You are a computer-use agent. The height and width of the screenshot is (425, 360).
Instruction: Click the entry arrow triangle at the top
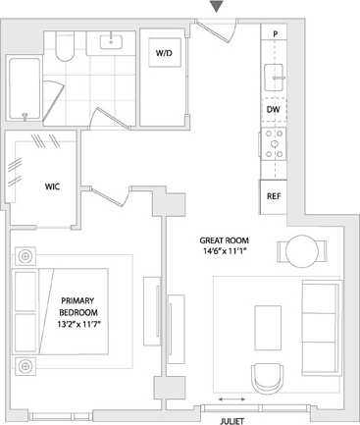point(218,8)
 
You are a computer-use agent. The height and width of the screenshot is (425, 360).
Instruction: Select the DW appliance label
point(274,109)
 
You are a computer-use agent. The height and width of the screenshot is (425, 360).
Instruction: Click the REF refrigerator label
point(274,195)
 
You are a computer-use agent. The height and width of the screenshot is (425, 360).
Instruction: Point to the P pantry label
point(275,34)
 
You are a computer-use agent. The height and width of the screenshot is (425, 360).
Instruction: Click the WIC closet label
point(54,186)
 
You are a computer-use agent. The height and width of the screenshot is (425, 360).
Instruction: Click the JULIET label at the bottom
point(232,419)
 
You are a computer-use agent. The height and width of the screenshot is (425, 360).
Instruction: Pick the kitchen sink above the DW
point(274,74)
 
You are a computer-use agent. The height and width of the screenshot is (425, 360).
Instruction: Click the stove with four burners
point(274,145)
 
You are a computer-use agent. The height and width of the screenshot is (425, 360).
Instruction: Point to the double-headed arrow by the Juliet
point(232,399)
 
